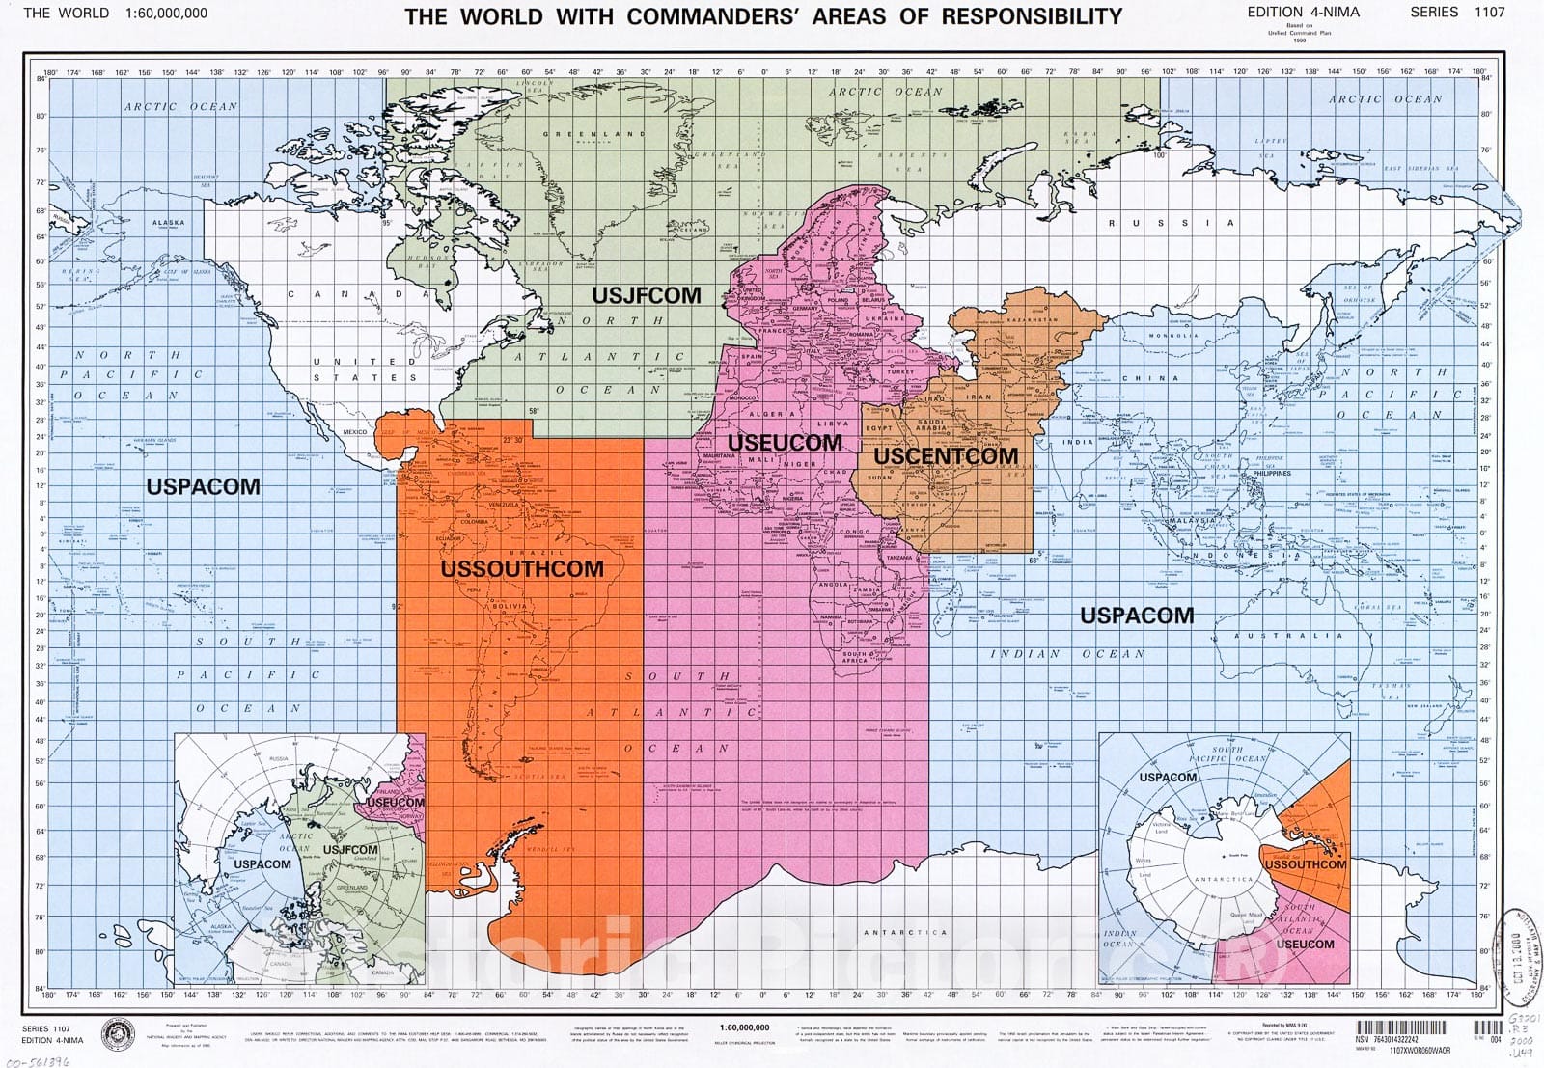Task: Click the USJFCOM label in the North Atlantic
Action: [646, 295]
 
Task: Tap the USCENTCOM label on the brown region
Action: [946, 455]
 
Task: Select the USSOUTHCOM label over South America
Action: [522, 569]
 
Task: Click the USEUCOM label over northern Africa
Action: [785, 443]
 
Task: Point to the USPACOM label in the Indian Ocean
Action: [1136, 616]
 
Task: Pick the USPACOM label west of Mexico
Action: [204, 486]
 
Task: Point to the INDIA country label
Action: [1078, 442]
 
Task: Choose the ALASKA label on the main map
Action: [168, 223]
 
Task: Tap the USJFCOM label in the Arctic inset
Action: [351, 849]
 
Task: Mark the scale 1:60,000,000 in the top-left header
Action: [165, 14]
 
